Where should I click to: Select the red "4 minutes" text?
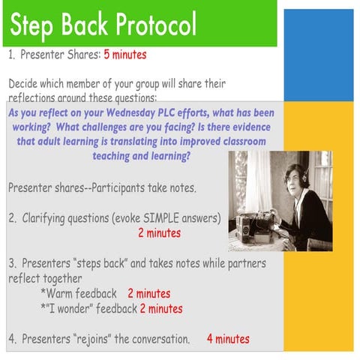228,339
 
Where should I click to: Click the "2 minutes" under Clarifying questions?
160,233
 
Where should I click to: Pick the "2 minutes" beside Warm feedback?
148,293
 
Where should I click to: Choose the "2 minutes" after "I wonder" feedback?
160,308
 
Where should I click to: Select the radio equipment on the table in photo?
255,223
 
